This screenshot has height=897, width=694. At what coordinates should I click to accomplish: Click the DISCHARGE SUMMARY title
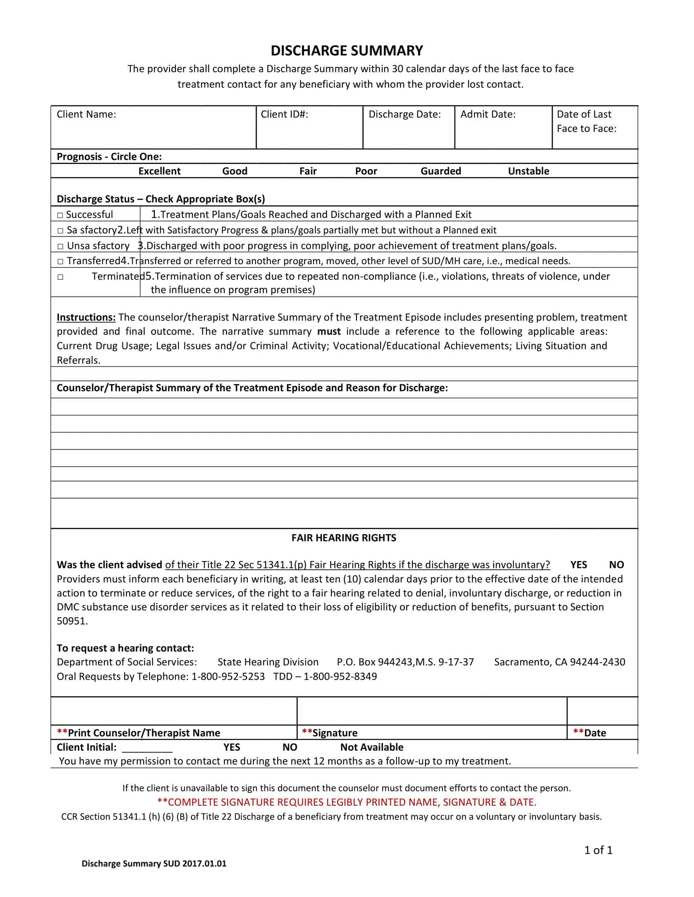[347, 51]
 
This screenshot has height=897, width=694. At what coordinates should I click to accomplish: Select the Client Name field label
[86, 114]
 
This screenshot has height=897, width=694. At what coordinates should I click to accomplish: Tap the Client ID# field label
[284, 114]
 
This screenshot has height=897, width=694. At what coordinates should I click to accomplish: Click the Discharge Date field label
[404, 114]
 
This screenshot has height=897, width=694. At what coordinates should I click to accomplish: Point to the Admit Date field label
[487, 114]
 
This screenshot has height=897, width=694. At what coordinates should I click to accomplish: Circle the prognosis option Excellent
[159, 171]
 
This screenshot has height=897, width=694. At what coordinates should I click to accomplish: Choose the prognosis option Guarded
[440, 171]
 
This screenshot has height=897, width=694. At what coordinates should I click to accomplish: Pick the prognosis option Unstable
[528, 171]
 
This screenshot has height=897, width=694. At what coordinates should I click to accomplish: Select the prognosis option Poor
[366, 171]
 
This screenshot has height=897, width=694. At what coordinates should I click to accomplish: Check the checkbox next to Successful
[60, 215]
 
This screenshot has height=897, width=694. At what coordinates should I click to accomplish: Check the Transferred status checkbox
[60, 261]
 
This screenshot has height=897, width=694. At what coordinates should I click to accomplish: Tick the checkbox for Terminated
[60, 277]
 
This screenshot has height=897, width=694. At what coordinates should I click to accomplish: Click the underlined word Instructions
[86, 317]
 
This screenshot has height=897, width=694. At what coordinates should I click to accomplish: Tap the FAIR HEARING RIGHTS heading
[344, 538]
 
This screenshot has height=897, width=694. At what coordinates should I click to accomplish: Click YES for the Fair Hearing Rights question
[578, 565]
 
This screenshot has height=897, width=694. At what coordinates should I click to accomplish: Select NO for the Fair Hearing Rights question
[616, 565]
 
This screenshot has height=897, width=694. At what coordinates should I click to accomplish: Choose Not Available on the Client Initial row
[371, 747]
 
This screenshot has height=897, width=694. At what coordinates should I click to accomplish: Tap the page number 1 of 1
[598, 850]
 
